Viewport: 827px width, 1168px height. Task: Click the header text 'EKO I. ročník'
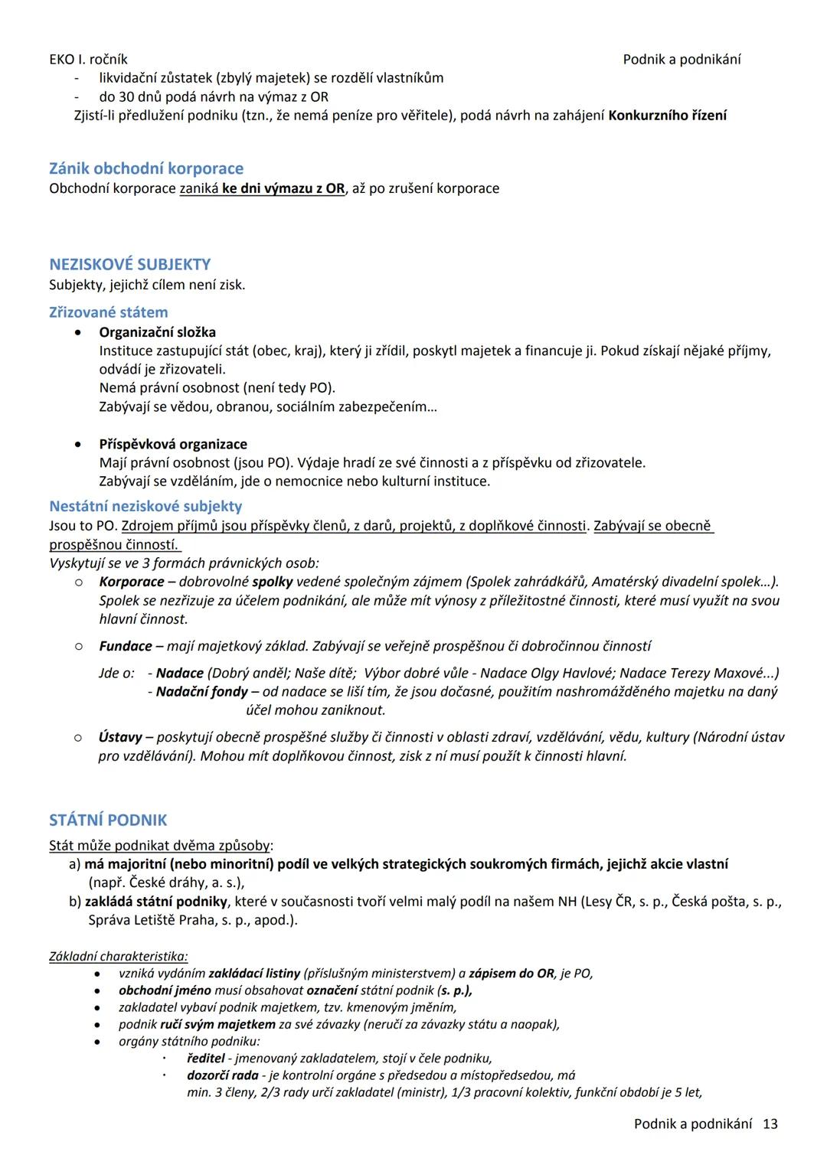(88, 60)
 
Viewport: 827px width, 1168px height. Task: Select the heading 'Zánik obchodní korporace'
(146, 168)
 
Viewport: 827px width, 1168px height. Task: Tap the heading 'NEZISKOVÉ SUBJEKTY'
(129, 264)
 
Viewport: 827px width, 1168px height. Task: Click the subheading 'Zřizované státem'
(108, 312)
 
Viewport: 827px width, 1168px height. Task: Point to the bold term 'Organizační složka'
(157, 332)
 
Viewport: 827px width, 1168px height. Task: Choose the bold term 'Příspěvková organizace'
(173, 444)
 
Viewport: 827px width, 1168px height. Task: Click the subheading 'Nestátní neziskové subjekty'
(145, 506)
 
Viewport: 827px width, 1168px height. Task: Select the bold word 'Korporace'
(131, 582)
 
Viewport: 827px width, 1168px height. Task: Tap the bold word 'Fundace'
(126, 646)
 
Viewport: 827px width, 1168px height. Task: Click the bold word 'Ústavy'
(120, 737)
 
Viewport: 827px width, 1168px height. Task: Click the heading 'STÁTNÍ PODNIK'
(108, 821)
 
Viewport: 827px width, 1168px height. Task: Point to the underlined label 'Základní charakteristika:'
(119, 956)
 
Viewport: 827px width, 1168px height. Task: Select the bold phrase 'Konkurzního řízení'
(667, 116)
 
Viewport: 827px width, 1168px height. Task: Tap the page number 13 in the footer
(770, 1124)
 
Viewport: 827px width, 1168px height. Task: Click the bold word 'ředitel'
(205, 1059)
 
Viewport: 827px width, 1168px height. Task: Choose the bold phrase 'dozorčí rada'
(223, 1075)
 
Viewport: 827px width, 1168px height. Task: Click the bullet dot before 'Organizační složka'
(78, 333)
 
